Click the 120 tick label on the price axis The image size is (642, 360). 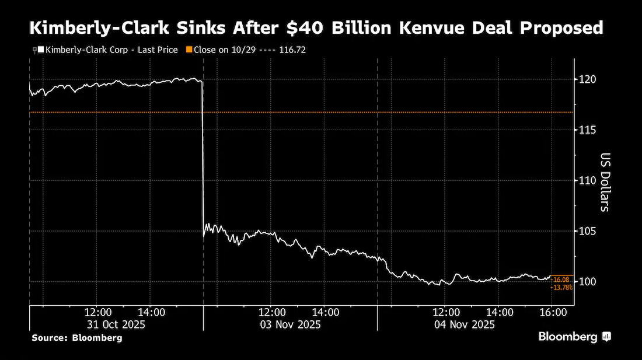click(587, 79)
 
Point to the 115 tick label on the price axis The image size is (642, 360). click(587, 130)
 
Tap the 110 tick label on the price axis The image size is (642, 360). click(587, 180)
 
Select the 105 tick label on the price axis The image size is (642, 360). click(587, 231)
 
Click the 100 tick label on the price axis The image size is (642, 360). click(587, 281)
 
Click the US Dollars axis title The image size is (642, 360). click(605, 182)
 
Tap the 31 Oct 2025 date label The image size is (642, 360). click(116, 325)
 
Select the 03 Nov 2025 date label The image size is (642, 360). click(290, 325)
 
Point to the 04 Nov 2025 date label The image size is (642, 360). click(465, 325)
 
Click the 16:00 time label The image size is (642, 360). click(553, 313)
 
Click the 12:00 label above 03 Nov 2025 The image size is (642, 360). click(272, 313)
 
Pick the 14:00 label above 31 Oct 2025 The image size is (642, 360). click(152, 313)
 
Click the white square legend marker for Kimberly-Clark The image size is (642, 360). click(41, 50)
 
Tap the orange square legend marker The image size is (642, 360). click(189, 50)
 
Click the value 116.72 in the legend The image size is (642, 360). click(292, 50)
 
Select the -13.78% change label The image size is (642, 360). click(561, 288)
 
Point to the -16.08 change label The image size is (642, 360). click(560, 280)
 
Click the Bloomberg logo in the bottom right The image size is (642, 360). click(574, 337)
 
